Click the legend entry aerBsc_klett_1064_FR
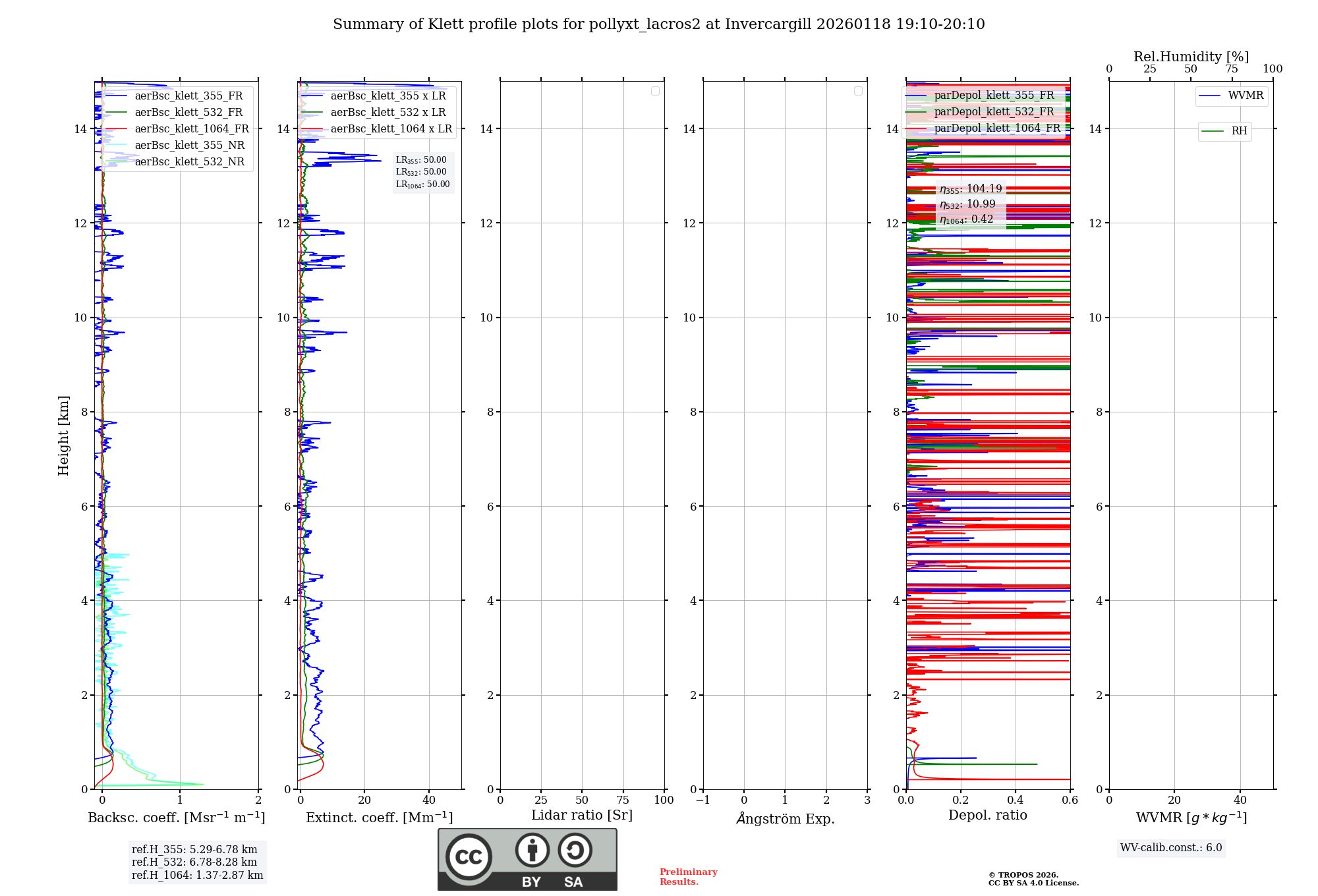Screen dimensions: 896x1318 tap(191, 129)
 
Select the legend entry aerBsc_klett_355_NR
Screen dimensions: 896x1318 tap(189, 146)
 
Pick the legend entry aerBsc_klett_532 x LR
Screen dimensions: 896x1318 tap(387, 113)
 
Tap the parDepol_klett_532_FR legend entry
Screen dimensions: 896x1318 tap(994, 112)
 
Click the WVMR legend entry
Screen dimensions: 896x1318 tap(1246, 96)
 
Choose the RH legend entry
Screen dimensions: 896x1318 tap(1239, 131)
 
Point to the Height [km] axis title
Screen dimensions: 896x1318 tap(63, 435)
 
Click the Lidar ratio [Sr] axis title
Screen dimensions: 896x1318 tap(582, 816)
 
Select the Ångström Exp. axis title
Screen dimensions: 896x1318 tap(785, 818)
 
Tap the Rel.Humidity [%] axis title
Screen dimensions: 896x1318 tap(1191, 57)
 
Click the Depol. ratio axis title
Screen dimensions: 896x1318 tap(987, 816)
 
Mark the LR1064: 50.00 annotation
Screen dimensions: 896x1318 tap(422, 184)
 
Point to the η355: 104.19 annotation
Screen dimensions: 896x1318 tap(971, 189)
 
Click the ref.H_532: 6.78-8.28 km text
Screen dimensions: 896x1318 tap(194, 862)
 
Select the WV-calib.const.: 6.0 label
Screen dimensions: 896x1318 tap(1171, 848)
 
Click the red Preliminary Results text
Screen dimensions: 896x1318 tap(688, 877)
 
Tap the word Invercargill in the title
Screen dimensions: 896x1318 tap(767, 24)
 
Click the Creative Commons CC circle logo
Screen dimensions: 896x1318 tap(469, 857)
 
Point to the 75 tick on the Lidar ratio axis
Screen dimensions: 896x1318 tap(623, 800)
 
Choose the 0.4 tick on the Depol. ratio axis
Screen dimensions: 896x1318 tap(1016, 800)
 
